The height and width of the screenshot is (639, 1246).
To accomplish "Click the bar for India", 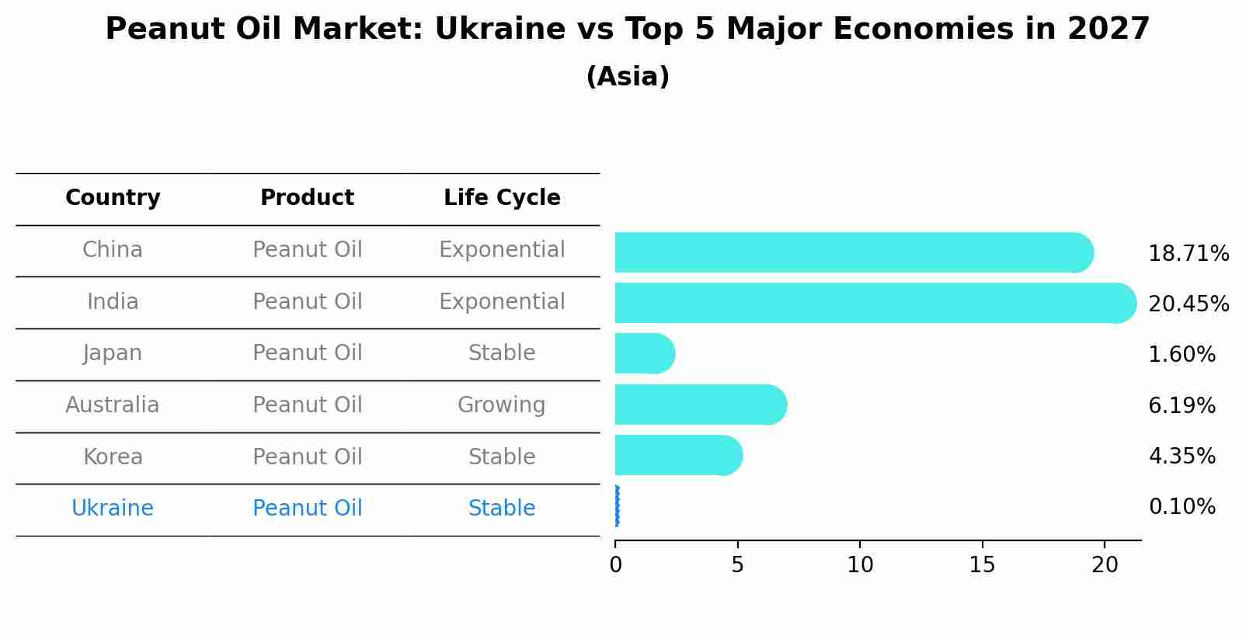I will point(870,303).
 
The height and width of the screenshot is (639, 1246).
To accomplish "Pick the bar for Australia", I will point(699,405).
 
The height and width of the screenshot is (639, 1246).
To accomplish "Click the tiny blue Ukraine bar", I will point(617,506).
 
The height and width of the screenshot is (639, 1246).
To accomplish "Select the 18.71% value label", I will point(1188,254).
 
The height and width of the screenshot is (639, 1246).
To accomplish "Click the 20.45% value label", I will point(1188,304).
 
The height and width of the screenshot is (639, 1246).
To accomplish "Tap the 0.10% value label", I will point(1182,507).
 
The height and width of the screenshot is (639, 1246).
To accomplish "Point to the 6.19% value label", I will point(1182,406).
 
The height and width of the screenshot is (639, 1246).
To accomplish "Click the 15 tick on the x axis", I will point(982,565).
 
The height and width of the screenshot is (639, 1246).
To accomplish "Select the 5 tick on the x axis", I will point(737,565).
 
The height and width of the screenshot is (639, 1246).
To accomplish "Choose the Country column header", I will point(113,198).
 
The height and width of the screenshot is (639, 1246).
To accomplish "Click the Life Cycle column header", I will point(502,198).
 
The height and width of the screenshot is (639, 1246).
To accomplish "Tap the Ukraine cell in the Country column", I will point(113,509).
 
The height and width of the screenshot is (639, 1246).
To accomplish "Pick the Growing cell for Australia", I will point(502,405).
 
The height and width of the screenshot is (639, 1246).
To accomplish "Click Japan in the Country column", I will point(113,353).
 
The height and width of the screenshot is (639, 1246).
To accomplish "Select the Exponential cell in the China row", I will point(502,250).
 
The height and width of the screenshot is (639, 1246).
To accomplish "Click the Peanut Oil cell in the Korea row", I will point(308,457).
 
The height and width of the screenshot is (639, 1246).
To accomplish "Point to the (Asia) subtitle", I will point(628,77).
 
